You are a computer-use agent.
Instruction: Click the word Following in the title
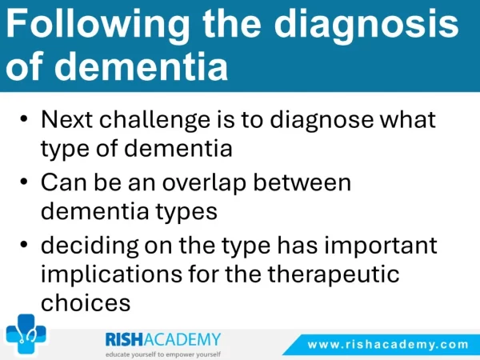tap(98, 26)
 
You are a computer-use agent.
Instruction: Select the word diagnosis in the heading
tap(366, 26)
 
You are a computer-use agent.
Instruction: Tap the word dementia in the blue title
tap(141, 66)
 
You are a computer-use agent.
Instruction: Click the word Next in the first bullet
tap(66, 119)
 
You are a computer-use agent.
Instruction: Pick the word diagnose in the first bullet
tap(322, 121)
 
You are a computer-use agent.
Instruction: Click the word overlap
tap(204, 184)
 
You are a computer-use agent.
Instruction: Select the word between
tap(302, 182)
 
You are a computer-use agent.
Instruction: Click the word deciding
tap(90, 246)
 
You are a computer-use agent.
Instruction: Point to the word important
tap(381, 246)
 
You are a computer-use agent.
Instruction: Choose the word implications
tap(111, 274)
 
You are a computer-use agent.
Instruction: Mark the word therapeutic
tap(334, 274)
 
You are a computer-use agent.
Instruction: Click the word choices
tap(86, 302)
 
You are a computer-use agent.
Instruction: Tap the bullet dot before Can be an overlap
tap(24, 182)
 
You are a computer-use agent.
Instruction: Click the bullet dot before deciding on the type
tap(24, 244)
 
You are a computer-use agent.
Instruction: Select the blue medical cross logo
tap(26, 334)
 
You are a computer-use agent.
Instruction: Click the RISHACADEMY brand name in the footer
tap(163, 340)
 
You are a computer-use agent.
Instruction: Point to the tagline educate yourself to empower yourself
tap(163, 354)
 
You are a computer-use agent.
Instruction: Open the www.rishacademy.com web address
tap(388, 345)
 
